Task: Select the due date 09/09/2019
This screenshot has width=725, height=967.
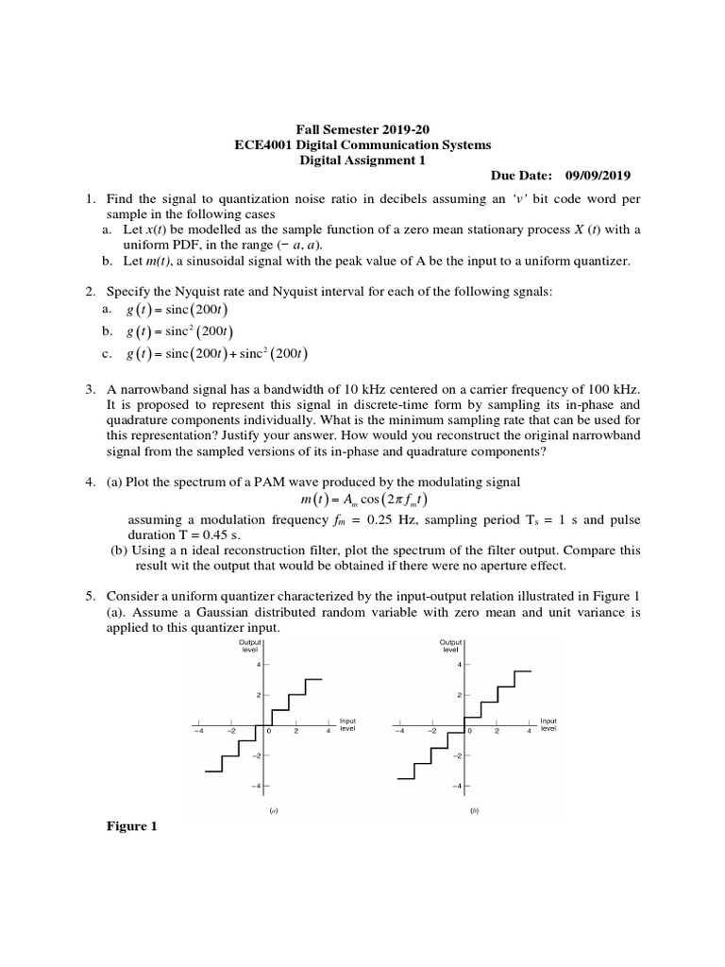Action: tap(598, 176)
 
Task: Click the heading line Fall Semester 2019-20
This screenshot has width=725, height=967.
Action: tap(362, 129)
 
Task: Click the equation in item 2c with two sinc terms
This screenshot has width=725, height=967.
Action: tap(216, 354)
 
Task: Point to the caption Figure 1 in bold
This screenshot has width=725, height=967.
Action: tap(131, 826)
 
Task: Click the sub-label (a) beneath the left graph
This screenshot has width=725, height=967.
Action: tap(273, 810)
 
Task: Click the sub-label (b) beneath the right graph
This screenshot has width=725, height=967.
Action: tap(474, 810)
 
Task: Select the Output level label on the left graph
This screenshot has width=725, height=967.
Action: tap(250, 647)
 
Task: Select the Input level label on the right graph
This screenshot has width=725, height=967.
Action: tap(548, 724)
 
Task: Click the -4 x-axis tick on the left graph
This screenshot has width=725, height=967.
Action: tap(198, 731)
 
